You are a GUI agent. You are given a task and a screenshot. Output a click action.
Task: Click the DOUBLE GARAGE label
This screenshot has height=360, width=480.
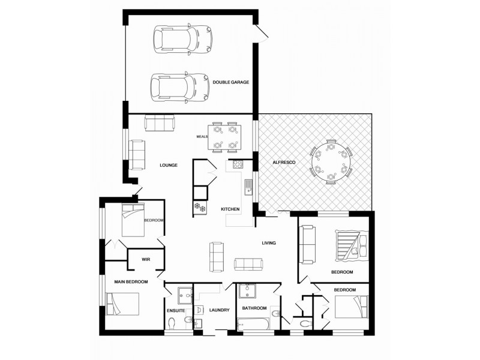point(231,82)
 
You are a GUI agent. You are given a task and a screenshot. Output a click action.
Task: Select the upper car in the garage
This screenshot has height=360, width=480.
point(182,38)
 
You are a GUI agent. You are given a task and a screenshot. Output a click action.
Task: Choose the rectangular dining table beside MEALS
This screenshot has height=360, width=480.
point(225,137)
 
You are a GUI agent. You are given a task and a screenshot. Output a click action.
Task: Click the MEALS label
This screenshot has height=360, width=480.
point(202,137)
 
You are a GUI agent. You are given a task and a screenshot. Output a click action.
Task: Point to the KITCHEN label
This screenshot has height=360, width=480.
point(230,209)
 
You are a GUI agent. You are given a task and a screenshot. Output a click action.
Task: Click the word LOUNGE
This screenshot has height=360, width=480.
point(169,165)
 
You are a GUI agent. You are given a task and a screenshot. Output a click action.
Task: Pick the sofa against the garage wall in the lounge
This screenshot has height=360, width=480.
point(159,122)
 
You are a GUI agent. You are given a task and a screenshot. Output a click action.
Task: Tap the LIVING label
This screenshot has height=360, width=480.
point(268,243)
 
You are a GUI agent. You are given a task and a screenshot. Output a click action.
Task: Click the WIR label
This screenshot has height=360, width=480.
point(145,259)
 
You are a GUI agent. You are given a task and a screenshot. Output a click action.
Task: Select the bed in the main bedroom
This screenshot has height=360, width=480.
point(123,304)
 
